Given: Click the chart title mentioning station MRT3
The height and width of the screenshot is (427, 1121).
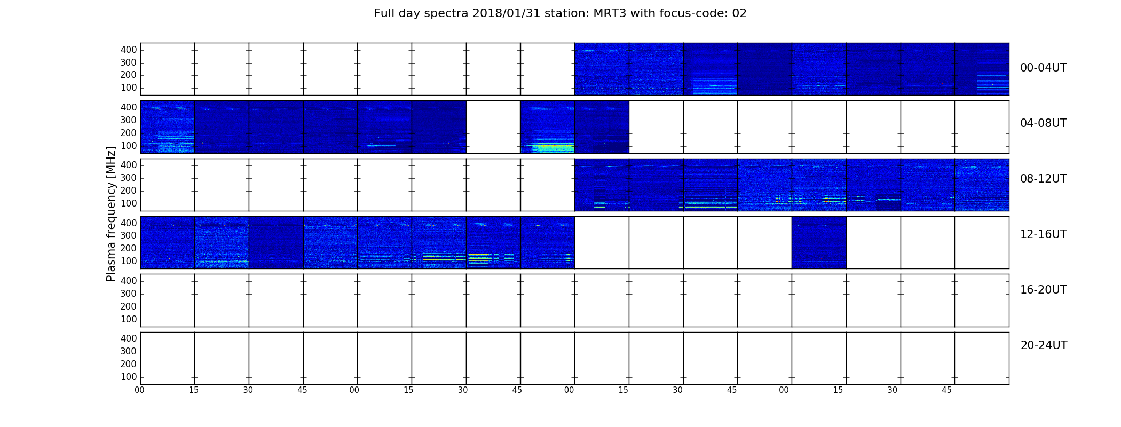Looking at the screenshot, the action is (x=560, y=13).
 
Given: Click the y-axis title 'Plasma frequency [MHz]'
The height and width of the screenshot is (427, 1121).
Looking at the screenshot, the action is (x=111, y=213).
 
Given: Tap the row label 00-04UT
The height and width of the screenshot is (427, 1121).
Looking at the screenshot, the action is (x=1043, y=68).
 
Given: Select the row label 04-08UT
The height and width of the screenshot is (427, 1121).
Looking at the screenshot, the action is (x=1043, y=123).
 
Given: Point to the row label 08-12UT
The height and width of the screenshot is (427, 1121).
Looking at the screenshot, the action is (x=1043, y=179).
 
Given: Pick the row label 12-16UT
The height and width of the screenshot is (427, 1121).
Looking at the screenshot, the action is (x=1043, y=234).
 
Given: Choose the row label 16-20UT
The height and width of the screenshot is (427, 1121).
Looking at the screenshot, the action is (x=1043, y=290).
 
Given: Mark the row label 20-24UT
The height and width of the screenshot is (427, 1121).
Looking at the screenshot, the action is (x=1044, y=345).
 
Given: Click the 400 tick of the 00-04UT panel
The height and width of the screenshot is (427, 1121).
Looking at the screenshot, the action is (x=129, y=50).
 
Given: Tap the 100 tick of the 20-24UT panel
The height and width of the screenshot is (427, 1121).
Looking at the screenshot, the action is (x=129, y=377).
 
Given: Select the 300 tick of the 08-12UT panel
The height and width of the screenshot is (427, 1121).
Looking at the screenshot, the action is (x=129, y=178).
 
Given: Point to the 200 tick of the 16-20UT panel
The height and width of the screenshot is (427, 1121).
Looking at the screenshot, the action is (x=129, y=306).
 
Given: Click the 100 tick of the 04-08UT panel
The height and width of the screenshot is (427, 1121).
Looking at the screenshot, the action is (x=129, y=146).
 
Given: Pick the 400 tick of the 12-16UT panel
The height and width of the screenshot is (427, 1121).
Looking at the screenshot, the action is (x=129, y=223).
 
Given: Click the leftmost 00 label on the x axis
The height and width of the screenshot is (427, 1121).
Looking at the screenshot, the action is (x=139, y=390).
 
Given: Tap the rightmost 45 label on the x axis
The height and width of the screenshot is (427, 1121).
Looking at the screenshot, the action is (x=946, y=390).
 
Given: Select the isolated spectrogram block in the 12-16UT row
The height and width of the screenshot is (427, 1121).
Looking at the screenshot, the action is (x=819, y=242).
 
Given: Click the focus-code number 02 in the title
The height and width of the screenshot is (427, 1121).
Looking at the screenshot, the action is (x=739, y=13).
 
